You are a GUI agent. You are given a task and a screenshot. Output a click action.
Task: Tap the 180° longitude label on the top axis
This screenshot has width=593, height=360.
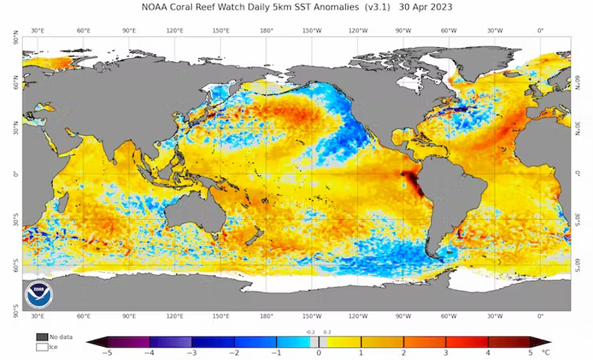(x=267, y=31)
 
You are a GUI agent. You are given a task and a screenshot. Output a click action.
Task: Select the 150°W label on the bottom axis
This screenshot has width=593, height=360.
(x=312, y=316)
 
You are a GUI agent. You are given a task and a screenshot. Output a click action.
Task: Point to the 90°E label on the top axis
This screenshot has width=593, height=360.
(x=129, y=31)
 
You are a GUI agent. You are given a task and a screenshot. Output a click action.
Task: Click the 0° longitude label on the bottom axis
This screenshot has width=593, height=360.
(x=540, y=316)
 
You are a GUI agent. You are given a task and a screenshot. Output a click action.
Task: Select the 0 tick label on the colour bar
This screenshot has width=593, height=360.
(x=319, y=352)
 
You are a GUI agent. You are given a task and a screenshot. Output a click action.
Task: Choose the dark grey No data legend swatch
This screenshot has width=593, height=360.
(x=42, y=336)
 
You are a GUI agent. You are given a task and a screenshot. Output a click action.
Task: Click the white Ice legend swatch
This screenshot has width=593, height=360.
(x=42, y=346)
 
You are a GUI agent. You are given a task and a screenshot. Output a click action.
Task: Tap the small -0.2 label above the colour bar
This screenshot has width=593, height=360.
(x=311, y=332)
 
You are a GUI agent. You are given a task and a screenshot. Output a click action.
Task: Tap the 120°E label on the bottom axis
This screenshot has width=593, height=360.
(x=175, y=316)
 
